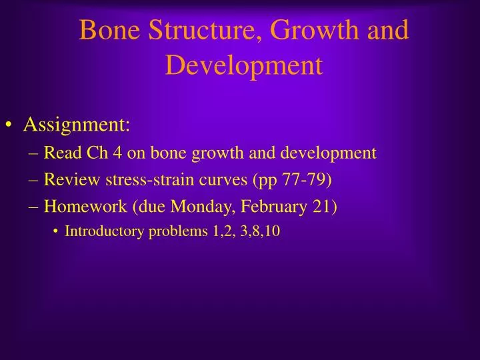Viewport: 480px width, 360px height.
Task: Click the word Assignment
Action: click(x=77, y=125)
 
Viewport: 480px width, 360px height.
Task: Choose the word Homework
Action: click(x=85, y=207)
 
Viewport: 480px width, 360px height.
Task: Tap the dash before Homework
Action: click(x=34, y=207)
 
